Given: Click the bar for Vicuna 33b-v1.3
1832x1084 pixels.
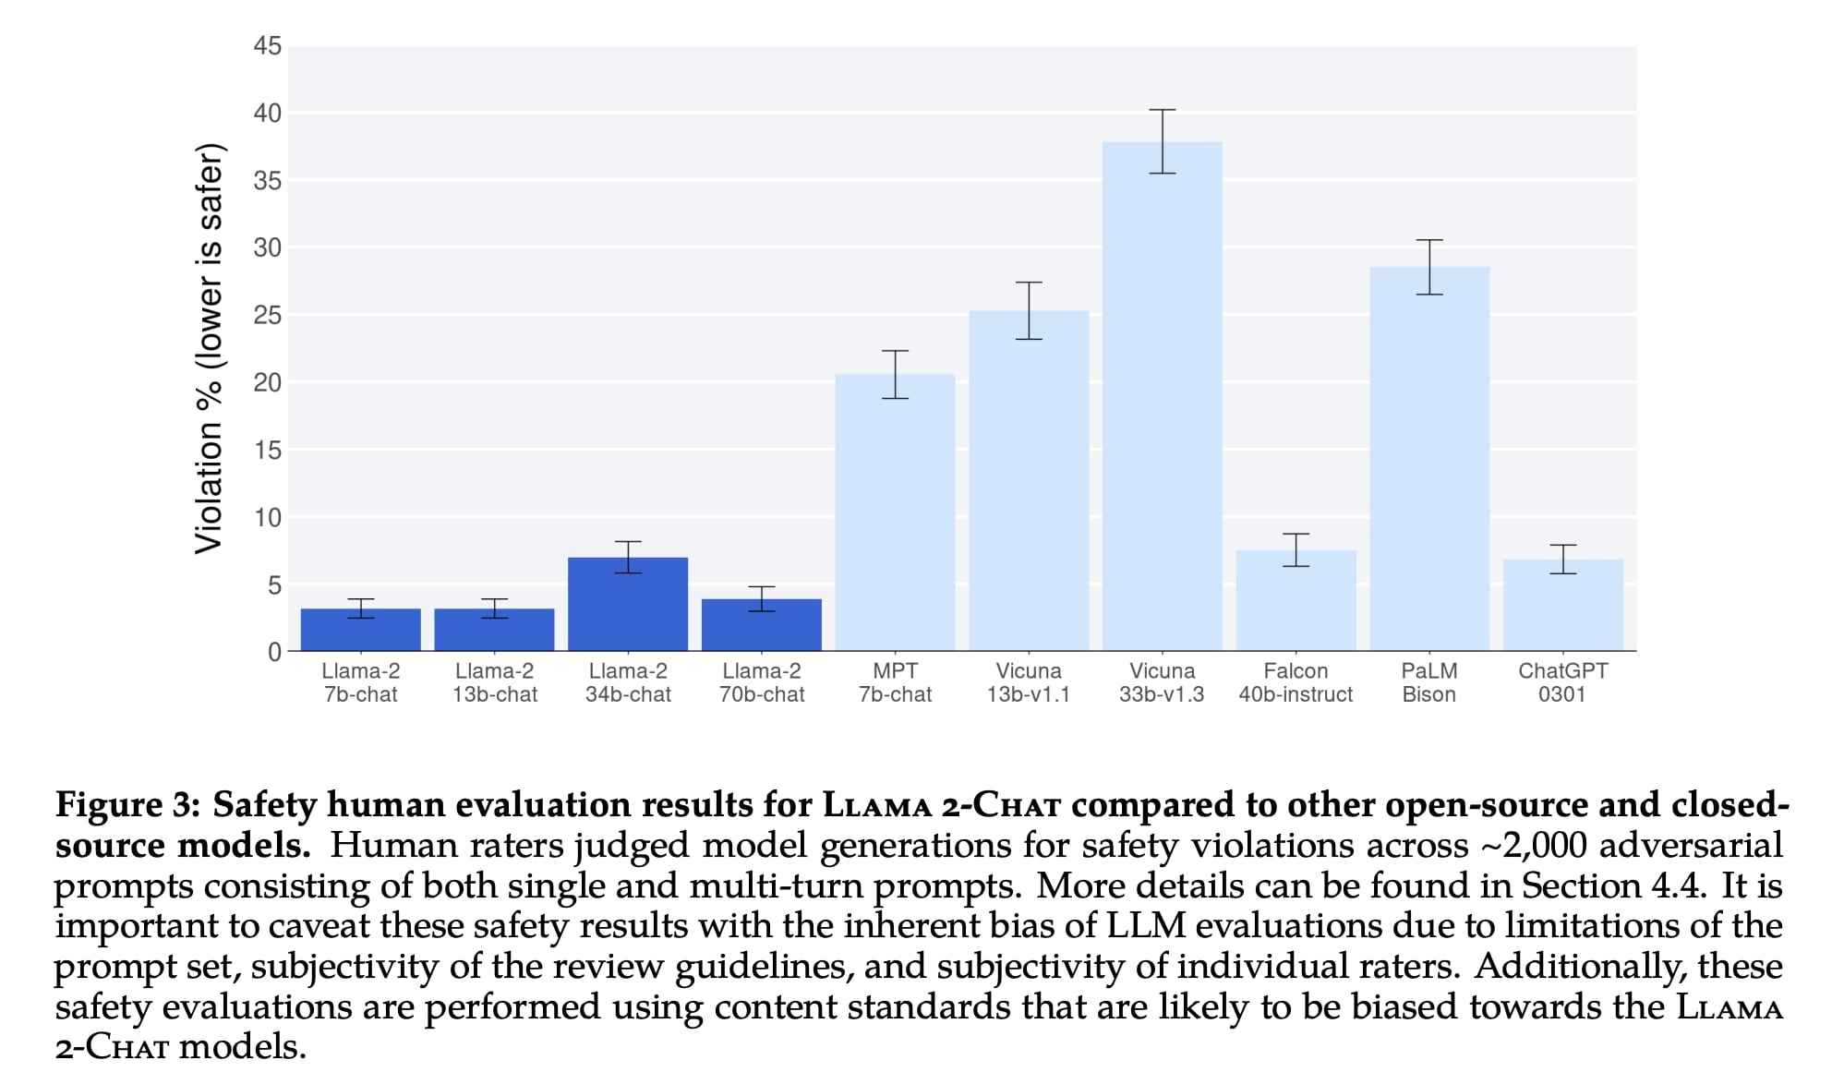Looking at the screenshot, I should tap(1162, 397).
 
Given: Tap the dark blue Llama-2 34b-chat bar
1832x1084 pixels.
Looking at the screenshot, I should tap(628, 604).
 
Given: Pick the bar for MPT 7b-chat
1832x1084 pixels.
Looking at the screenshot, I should tap(895, 512).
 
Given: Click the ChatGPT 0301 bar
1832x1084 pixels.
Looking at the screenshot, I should tap(1562, 605).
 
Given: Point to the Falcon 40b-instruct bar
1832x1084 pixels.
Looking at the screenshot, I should tap(1296, 600).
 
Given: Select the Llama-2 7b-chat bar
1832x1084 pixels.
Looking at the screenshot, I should tap(361, 630).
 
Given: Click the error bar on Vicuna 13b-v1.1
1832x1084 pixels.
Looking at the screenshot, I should tap(1029, 310).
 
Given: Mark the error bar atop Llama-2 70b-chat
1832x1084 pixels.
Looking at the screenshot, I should tap(762, 598).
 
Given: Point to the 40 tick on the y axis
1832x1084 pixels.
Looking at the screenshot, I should tap(268, 114).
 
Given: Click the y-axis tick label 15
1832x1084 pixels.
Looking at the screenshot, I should tap(268, 451).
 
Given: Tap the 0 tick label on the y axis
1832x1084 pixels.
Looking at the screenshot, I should tap(274, 652).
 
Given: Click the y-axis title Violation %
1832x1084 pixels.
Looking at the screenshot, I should tap(210, 349).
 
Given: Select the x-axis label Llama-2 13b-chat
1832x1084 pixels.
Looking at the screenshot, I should tap(495, 682).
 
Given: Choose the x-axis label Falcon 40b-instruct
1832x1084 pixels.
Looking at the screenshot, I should tap(1296, 682).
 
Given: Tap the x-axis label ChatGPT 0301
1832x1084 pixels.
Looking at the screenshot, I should tap(1562, 682).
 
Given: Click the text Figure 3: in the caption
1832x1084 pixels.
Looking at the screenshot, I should tap(127, 805).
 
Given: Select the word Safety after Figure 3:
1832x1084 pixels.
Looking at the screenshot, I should tap(265, 805).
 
